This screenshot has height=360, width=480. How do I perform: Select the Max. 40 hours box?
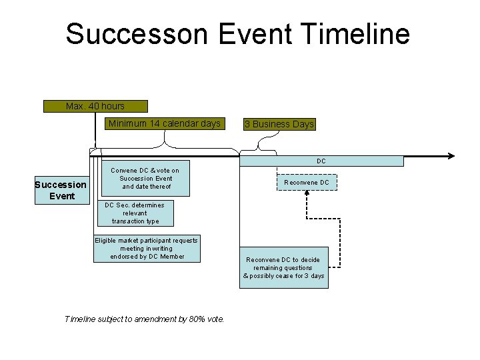pos(95,106)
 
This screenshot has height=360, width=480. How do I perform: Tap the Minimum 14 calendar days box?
pos(164,123)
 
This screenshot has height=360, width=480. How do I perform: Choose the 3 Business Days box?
pos(279,124)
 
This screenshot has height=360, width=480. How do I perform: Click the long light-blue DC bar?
pos(321,161)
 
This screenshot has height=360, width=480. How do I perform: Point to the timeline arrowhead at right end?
pos(451,155)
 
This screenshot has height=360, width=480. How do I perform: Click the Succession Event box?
pos(61,190)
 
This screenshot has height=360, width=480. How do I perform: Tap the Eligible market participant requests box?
pos(147,249)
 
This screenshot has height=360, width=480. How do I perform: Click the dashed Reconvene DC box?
pos(307,183)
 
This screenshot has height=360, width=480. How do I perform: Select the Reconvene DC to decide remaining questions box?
pos(284,268)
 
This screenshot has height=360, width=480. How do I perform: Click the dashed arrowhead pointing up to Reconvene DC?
pos(307,194)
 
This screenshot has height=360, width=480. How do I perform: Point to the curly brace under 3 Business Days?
pos(268,141)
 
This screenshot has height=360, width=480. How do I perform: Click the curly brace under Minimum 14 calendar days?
pos(165,141)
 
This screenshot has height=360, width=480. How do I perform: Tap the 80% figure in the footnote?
pos(197,319)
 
